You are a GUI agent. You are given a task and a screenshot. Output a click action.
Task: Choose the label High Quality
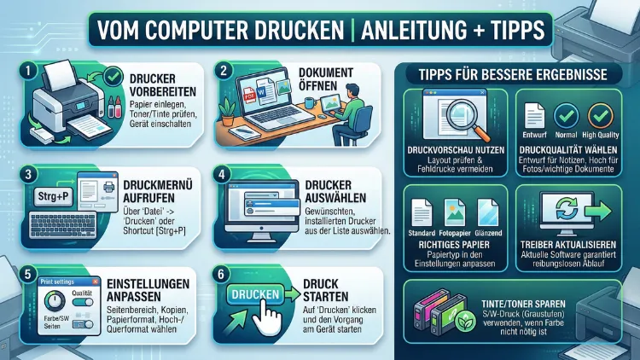(601, 135)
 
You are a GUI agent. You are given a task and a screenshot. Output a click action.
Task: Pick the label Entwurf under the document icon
(534, 135)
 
